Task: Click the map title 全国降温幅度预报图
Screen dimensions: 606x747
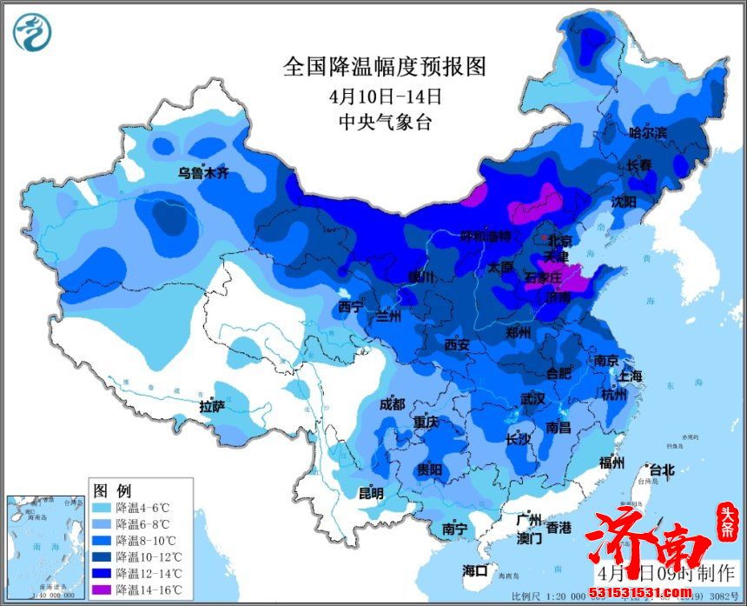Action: click(384, 66)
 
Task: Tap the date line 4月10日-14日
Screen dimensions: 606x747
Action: click(385, 95)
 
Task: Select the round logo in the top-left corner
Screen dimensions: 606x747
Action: click(32, 31)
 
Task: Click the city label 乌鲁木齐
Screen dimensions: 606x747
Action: click(202, 173)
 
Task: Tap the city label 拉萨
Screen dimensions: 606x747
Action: click(212, 406)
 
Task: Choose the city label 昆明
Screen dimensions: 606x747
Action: click(371, 493)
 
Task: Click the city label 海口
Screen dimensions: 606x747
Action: click(474, 570)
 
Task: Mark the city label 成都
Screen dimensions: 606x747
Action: click(392, 404)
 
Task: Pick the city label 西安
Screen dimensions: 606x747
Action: click(456, 345)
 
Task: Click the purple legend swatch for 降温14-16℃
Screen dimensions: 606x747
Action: click(103, 589)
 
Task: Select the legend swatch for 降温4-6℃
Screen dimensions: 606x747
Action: click(103, 506)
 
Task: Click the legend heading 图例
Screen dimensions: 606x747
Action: click(111, 488)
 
